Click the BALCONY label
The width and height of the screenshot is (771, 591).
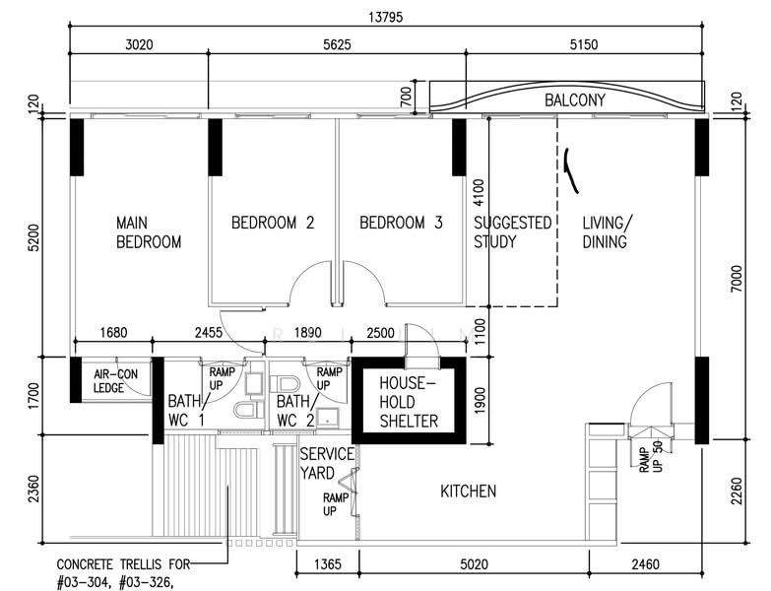(574, 100)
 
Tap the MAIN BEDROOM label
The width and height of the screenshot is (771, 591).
(149, 232)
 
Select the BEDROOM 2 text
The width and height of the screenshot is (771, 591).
(273, 223)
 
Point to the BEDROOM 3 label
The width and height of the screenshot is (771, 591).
(401, 223)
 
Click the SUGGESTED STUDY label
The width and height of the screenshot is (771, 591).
(512, 232)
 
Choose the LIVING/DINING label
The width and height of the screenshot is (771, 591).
(608, 232)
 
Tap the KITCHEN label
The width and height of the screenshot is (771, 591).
(468, 492)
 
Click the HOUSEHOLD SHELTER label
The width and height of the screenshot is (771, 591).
(409, 402)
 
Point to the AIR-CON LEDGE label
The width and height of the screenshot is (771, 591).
(115, 381)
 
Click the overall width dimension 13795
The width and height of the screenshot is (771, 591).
(386, 17)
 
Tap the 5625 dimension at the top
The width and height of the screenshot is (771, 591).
(337, 44)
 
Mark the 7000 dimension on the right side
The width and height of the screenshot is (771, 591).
(737, 279)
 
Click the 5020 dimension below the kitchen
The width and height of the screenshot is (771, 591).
(474, 564)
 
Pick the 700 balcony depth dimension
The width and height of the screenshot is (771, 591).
(406, 97)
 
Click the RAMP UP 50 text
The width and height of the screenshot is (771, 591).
(651, 457)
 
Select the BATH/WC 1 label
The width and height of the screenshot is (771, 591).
(186, 411)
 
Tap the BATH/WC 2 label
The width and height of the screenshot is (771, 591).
(295, 411)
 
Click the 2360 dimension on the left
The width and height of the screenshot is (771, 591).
(33, 489)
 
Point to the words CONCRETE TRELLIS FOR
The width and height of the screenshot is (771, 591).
(123, 564)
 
